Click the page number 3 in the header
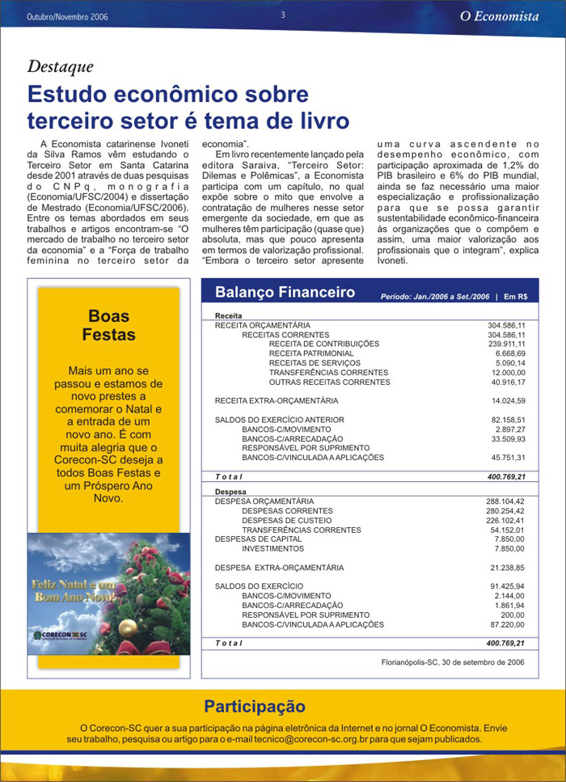click(283, 15)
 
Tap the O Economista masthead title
click(505, 16)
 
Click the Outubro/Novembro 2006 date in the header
click(67, 17)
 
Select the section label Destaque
click(61, 67)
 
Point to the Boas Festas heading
click(108, 325)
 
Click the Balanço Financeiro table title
click(285, 292)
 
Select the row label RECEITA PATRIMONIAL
click(311, 353)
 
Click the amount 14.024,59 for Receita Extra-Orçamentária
click(509, 401)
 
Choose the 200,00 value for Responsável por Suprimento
click(513, 615)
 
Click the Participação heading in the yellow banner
click(254, 707)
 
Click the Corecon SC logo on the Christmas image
click(65, 636)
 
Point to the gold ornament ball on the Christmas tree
click(127, 628)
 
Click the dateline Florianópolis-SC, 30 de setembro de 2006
click(453, 662)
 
